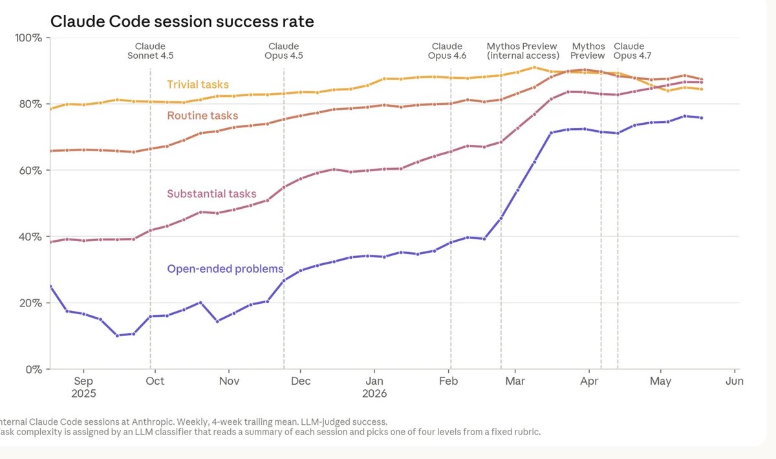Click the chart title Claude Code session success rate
[182, 21]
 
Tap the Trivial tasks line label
[198, 85]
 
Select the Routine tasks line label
[202, 115]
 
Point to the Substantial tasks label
[211, 194]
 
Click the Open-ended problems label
[225, 269]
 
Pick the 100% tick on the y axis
[28, 37]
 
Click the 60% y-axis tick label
[30, 170]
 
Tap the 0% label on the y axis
[34, 369]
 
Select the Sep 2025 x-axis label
[83, 387]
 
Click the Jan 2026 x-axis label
[374, 387]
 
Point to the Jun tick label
[735, 381]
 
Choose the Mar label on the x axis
[515, 381]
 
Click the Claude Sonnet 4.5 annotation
[150, 51]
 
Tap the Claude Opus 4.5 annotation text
[284, 51]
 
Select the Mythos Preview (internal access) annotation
[523, 51]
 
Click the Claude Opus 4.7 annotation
[632, 51]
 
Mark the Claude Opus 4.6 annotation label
[447, 51]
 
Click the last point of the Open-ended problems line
[702, 118]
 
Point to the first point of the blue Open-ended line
[50, 286]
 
